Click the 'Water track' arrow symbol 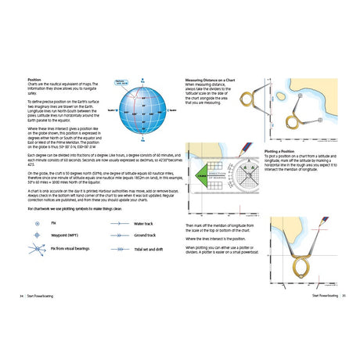(118, 223)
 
